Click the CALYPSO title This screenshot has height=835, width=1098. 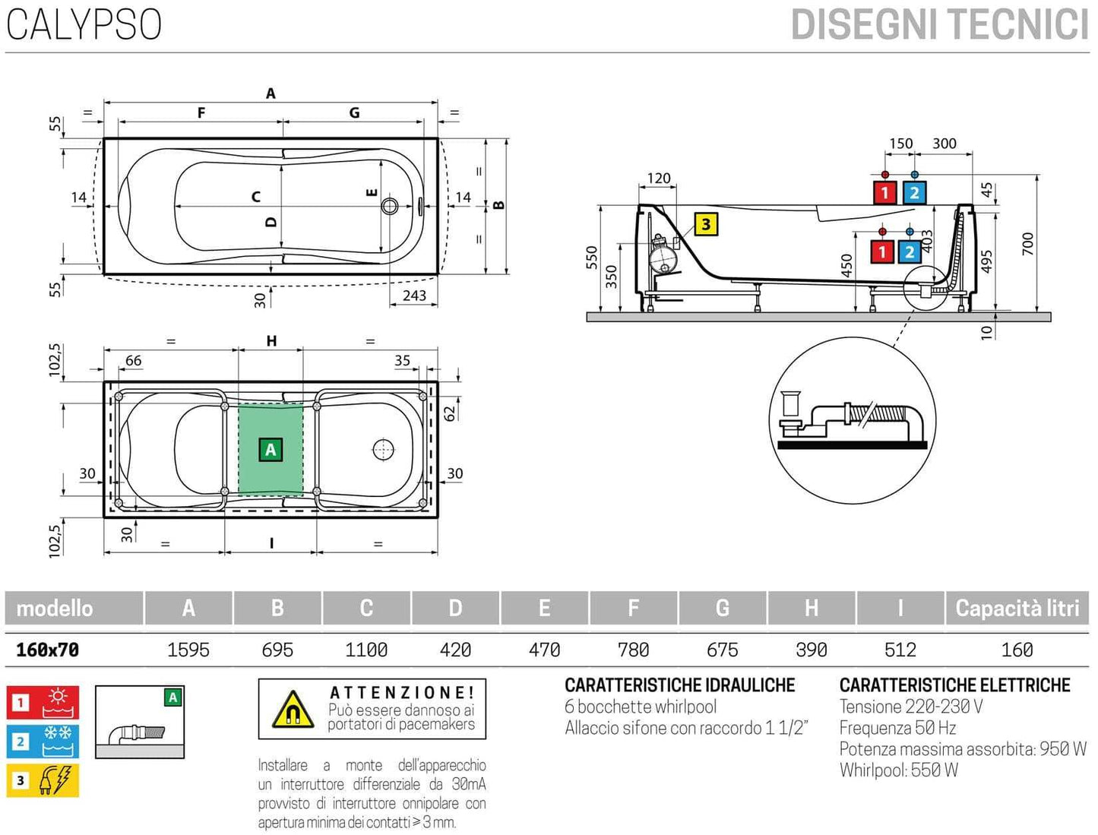(84, 24)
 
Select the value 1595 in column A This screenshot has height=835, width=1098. (188, 650)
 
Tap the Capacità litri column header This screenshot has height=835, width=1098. (1017, 608)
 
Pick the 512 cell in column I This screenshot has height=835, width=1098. (900, 650)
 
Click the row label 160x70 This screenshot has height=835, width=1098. (48, 650)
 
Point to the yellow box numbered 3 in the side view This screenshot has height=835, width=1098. (706, 224)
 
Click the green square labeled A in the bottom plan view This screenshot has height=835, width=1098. (271, 450)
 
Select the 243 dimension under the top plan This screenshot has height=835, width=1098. (414, 296)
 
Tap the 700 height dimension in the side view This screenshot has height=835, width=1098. (1027, 244)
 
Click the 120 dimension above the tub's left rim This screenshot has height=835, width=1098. (658, 179)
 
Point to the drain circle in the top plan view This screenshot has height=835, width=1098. (390, 206)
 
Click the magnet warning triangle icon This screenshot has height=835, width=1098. (293, 710)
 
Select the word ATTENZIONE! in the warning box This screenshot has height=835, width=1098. (402, 692)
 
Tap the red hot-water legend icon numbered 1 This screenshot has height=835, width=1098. (43, 703)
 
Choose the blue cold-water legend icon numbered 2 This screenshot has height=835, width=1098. (43, 742)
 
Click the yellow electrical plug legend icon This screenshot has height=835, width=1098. (43, 780)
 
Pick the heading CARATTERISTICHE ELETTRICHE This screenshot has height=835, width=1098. (954, 685)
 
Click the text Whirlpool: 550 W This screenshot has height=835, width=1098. (898, 770)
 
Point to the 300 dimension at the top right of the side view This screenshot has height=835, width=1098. (944, 144)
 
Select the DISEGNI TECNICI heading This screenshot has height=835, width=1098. (939, 25)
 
